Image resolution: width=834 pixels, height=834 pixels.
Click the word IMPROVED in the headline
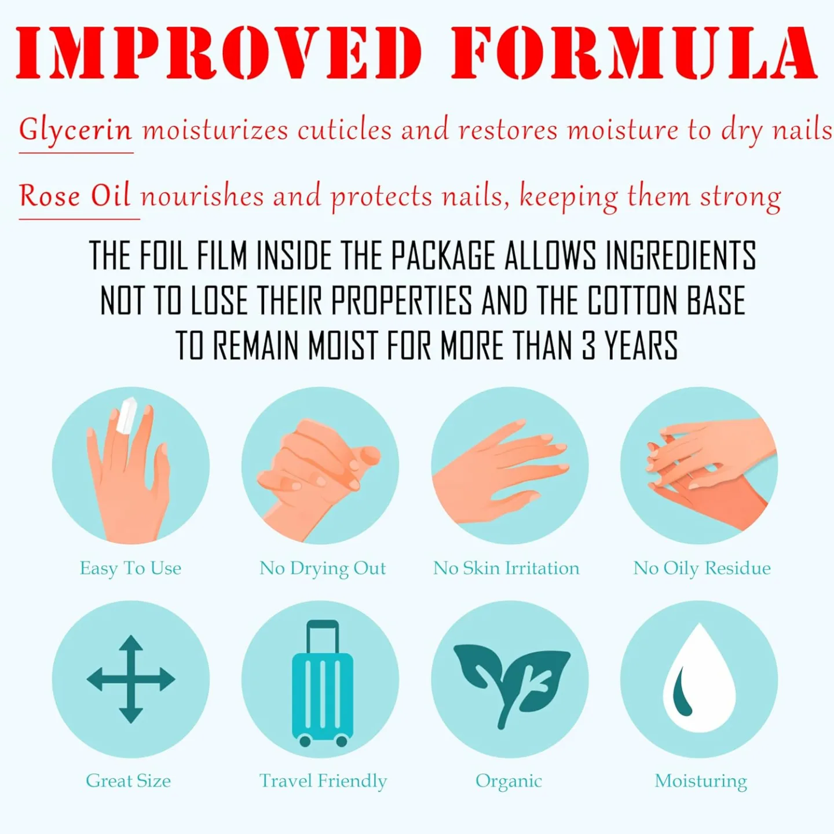click(x=219, y=53)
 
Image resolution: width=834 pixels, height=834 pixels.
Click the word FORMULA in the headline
click(x=634, y=53)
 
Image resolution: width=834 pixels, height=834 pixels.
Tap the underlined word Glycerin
click(x=76, y=130)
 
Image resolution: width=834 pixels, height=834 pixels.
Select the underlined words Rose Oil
click(x=75, y=196)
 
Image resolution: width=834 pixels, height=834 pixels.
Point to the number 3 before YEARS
click(x=588, y=346)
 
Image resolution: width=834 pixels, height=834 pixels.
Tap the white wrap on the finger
click(x=127, y=416)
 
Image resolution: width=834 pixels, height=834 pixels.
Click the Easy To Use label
click(x=130, y=568)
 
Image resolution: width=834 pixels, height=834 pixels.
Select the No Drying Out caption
click(x=323, y=568)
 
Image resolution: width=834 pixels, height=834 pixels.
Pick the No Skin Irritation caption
click(x=506, y=568)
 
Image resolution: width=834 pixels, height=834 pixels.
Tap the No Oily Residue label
click(x=701, y=568)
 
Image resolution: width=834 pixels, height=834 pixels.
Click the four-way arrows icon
click(x=131, y=679)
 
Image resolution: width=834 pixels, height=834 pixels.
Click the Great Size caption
click(x=128, y=781)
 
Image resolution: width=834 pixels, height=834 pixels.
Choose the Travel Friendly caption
click(x=323, y=781)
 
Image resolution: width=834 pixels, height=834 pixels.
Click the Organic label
click(x=509, y=781)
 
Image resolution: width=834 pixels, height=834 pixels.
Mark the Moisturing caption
click(x=701, y=781)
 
